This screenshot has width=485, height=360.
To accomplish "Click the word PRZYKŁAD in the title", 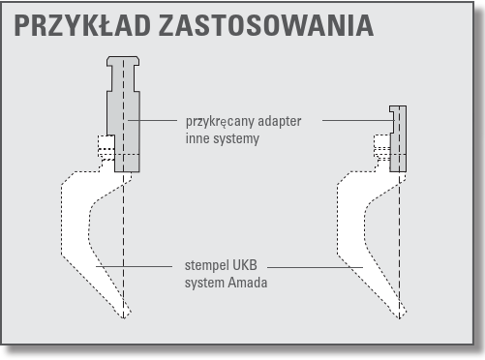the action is pyautogui.click(x=82, y=25).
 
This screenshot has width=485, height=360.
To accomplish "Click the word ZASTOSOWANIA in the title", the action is pyautogui.click(x=266, y=25).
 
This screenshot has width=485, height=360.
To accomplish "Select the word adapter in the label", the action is pyautogui.click(x=280, y=122).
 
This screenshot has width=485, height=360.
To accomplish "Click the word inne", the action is pyautogui.click(x=196, y=138).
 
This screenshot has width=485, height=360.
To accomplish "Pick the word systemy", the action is pyautogui.click(x=234, y=139).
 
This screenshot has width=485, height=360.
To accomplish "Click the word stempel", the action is pyautogui.click(x=202, y=266).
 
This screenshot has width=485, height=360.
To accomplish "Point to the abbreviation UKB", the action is pyautogui.click(x=240, y=265).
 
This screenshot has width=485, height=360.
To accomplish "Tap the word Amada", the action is pyautogui.click(x=248, y=283).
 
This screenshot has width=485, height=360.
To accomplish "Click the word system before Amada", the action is pyautogui.click(x=204, y=284).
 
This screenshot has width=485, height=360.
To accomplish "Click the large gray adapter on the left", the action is pyautogui.click(x=124, y=129).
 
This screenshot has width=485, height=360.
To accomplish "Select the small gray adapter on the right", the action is pyautogui.click(x=398, y=138).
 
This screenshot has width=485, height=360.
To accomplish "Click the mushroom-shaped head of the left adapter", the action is pyautogui.click(x=123, y=61).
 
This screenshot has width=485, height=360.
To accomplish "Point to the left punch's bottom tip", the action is pyautogui.click(x=124, y=318).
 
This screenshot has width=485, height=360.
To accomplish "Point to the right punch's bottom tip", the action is pyautogui.click(x=400, y=318).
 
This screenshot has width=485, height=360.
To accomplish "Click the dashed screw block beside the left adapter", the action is pyautogui.click(x=106, y=147).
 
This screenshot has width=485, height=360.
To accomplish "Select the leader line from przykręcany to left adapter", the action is pyautogui.click(x=153, y=120).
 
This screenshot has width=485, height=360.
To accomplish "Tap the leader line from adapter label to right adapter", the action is pyautogui.click(x=359, y=120).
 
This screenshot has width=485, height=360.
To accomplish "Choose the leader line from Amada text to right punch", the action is pyautogui.click(x=316, y=267).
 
